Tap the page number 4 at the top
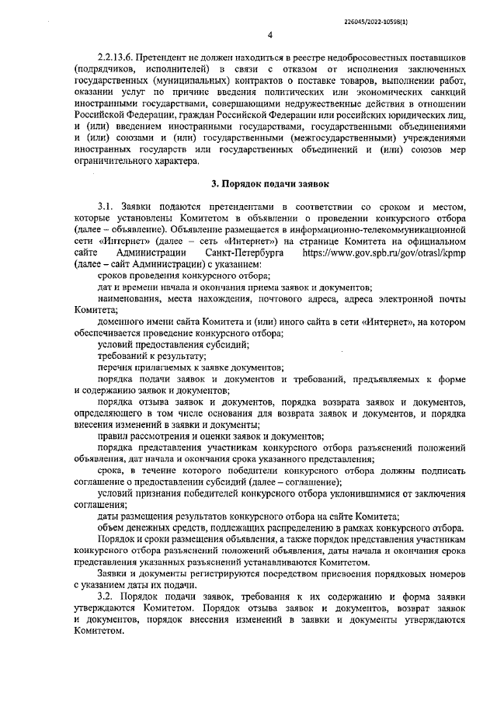click(269, 34)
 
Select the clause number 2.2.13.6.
click(117, 58)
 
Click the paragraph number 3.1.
click(106, 207)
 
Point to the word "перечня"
click(114, 367)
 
